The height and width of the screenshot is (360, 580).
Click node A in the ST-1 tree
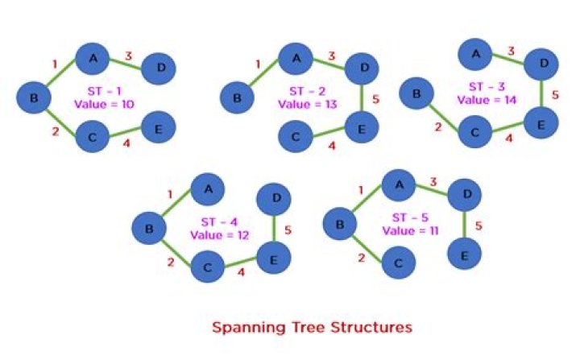pyautogui.click(x=93, y=57)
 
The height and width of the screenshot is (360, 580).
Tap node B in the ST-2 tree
pyautogui.click(x=238, y=98)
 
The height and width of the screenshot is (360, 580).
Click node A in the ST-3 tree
pyautogui.click(x=475, y=54)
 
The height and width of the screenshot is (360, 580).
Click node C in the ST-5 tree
pyautogui.click(x=398, y=262)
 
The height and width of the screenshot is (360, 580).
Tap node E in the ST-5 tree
pyautogui.click(x=464, y=254)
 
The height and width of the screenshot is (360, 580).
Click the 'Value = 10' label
pyautogui.click(x=104, y=104)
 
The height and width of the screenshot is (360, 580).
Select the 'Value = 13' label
pyautogui.click(x=309, y=104)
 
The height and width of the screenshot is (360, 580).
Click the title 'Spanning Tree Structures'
pyautogui.click(x=312, y=328)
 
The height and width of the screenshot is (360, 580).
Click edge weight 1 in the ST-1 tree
pyautogui.click(x=55, y=64)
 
